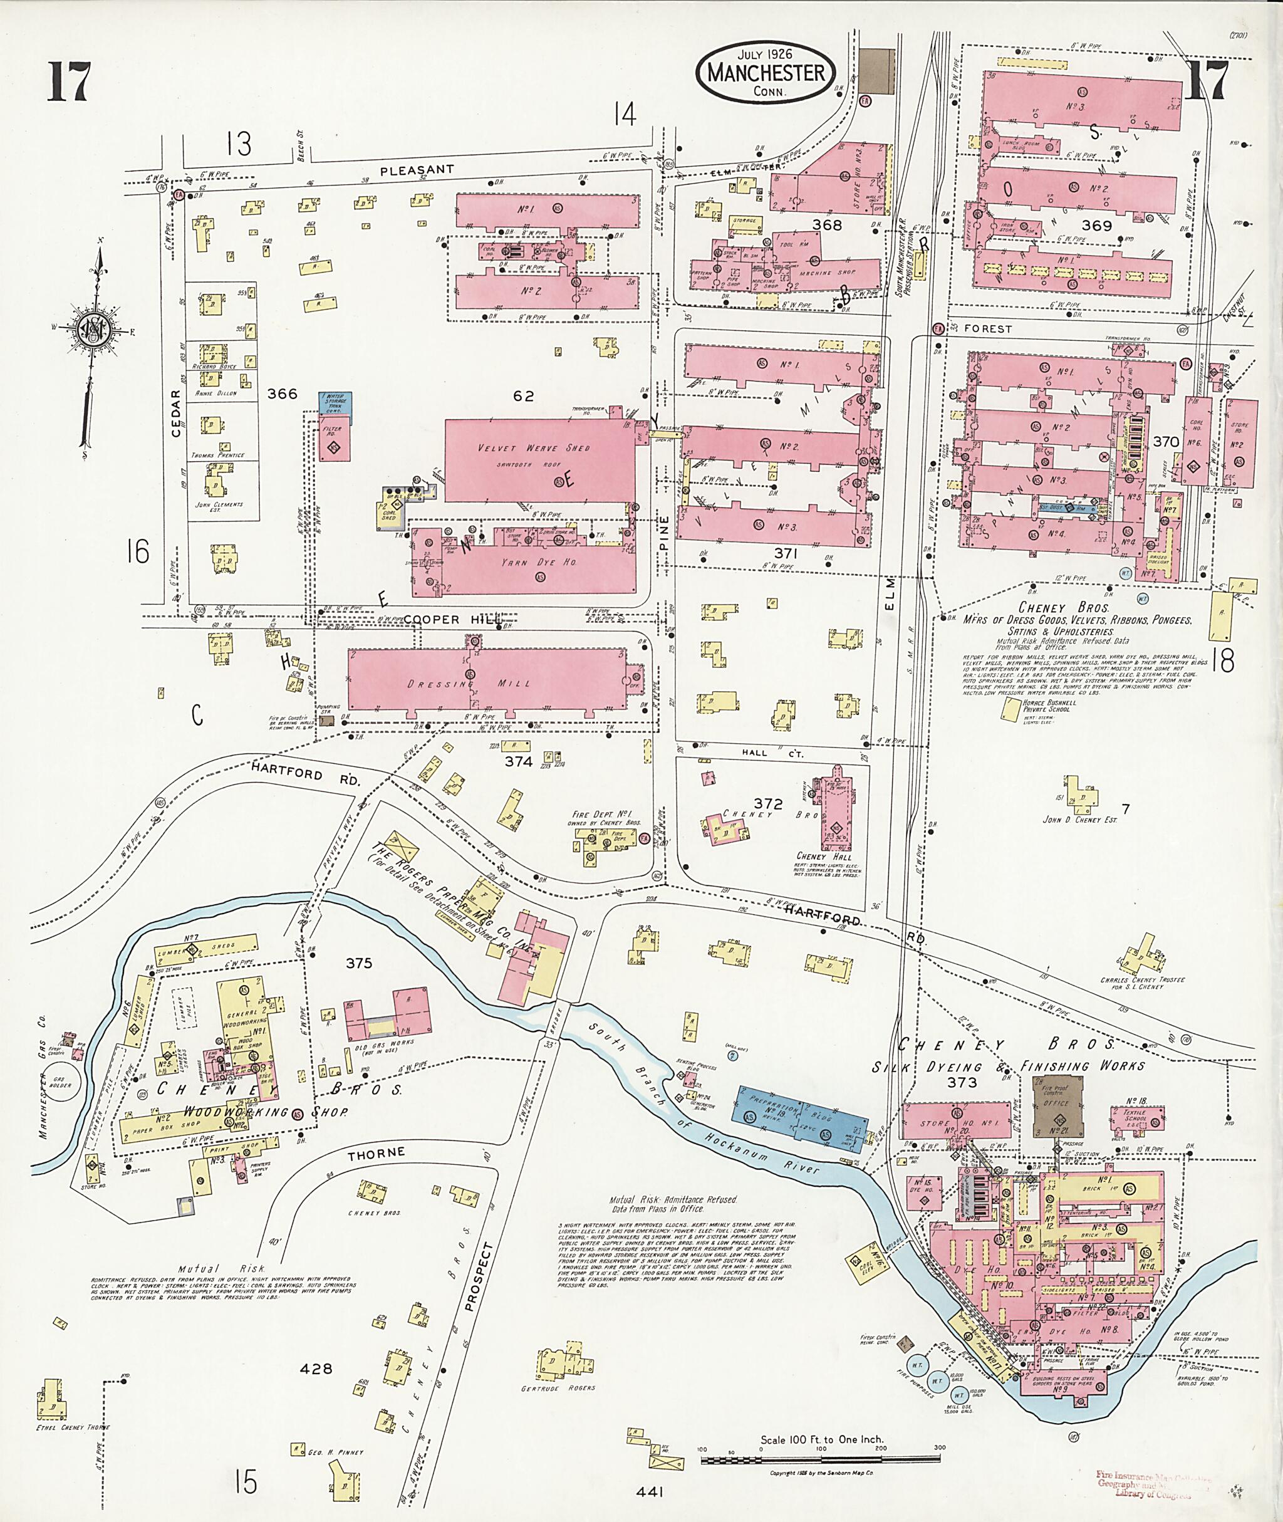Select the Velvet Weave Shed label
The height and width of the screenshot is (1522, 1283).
pyautogui.click(x=534, y=448)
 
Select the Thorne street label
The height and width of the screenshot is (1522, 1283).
pyautogui.click(x=375, y=1153)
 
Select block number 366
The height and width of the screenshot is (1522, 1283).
pyautogui.click(x=282, y=394)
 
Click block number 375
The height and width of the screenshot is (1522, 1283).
pyautogui.click(x=358, y=963)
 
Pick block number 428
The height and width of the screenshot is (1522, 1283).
pyautogui.click(x=316, y=1368)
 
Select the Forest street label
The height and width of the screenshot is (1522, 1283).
pyautogui.click(x=988, y=329)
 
